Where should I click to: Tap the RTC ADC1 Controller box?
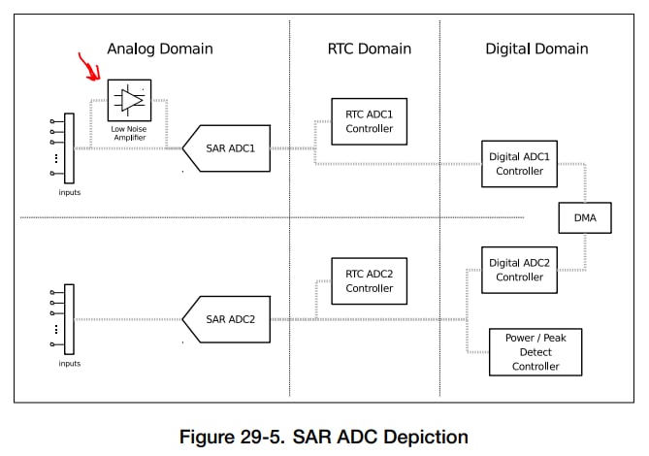370,121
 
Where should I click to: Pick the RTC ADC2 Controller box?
370,280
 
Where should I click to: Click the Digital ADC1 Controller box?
519,164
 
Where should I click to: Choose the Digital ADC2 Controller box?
519,270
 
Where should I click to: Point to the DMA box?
585,219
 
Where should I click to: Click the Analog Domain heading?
159,49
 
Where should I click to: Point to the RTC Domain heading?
369,49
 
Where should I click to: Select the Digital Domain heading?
536,49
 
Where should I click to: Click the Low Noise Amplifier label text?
129,134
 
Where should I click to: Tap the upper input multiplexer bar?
70,147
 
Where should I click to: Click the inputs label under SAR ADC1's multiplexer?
69,192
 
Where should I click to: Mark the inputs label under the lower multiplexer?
69,364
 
